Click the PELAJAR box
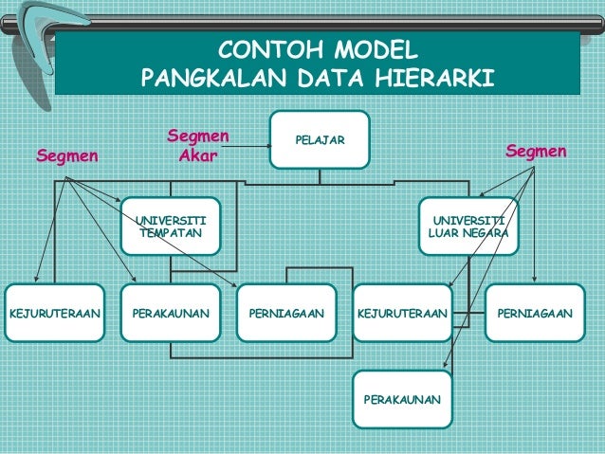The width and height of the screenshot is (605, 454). (x=320, y=140)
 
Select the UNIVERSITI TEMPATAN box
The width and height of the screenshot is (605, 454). (x=171, y=226)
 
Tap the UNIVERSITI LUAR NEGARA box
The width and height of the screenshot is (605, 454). (x=468, y=226)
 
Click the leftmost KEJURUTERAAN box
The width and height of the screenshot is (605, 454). (x=54, y=312)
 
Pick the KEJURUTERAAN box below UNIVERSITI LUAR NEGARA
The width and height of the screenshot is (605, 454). (x=402, y=312)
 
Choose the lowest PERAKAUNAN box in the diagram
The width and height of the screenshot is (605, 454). (x=402, y=400)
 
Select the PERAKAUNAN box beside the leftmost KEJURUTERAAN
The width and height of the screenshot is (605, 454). (x=171, y=312)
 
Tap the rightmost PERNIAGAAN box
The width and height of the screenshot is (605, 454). (x=535, y=312)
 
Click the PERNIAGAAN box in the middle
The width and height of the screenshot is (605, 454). (x=286, y=312)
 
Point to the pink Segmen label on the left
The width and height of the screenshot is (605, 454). (x=66, y=155)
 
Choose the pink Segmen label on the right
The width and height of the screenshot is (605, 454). (x=536, y=151)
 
